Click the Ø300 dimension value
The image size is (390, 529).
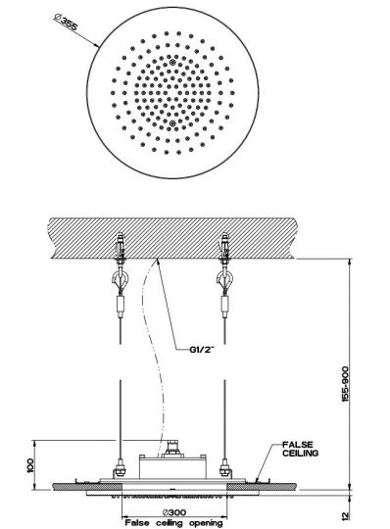click(x=176, y=511)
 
